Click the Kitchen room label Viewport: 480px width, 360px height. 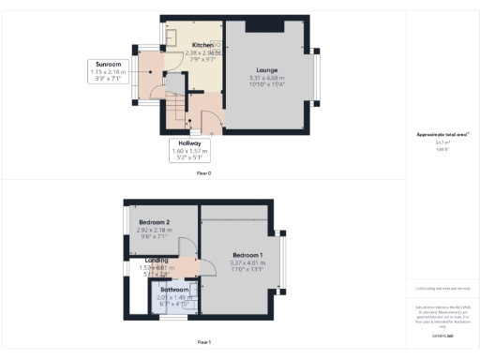point(202,45)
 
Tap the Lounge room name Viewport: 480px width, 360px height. point(267,69)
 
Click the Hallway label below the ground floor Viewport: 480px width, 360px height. point(192,142)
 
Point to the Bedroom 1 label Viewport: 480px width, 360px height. point(248,255)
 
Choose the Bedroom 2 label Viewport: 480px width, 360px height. point(155,221)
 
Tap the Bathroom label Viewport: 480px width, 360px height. point(175,290)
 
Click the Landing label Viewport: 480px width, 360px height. point(156,260)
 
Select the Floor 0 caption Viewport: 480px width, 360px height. point(203,173)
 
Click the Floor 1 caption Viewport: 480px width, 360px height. point(203,343)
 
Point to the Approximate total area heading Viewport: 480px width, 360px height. point(442,134)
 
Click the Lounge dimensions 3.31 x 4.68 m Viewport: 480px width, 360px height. point(267,77)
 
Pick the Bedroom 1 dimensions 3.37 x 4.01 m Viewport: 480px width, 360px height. point(248,263)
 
